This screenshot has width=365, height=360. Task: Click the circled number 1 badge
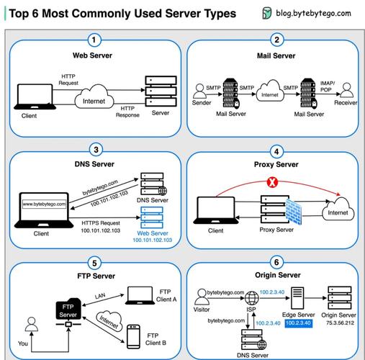tap(94, 40)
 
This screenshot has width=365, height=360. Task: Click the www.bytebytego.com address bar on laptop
tap(44, 204)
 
